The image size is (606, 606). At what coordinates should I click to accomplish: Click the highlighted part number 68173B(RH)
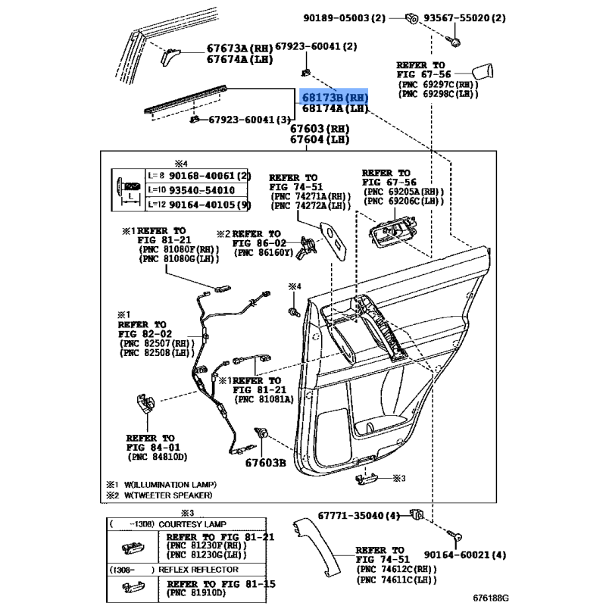click(335, 97)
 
